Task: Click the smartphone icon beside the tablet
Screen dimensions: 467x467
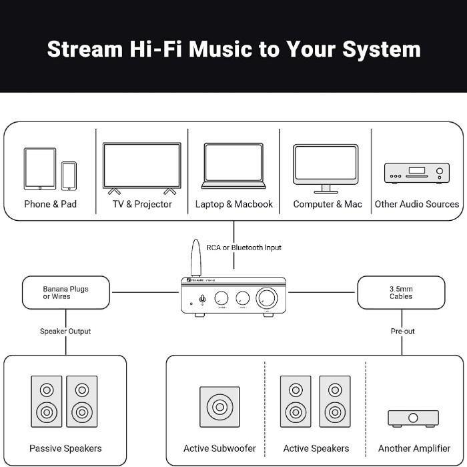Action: pos(69,176)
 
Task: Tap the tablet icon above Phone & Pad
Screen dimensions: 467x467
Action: pos(40,169)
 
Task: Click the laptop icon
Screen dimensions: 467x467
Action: pos(234,166)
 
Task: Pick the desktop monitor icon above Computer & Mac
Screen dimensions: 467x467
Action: pos(326,168)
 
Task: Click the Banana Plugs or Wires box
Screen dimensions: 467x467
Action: pos(66,292)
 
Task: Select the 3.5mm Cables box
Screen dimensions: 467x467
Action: pos(401,292)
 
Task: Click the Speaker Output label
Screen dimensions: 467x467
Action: pos(65,331)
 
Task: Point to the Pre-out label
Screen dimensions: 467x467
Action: pos(402,331)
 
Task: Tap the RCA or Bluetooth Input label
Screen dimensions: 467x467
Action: pos(244,248)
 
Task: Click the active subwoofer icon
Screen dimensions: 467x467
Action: pos(219,407)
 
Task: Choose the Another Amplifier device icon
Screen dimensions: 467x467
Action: pos(414,418)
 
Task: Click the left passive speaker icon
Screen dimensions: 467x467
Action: pos(47,402)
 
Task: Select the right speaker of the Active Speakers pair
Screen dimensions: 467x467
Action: pos(335,402)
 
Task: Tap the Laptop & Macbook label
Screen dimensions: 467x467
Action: pos(234,204)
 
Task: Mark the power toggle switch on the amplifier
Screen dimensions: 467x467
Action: pos(202,298)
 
